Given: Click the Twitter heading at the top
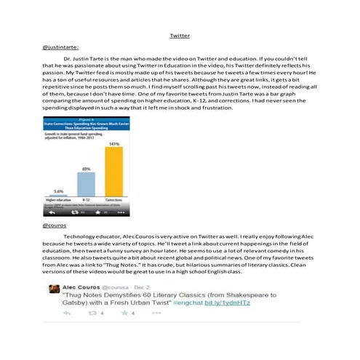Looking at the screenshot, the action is coord(180,35).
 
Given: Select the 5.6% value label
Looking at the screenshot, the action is coord(58,191).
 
